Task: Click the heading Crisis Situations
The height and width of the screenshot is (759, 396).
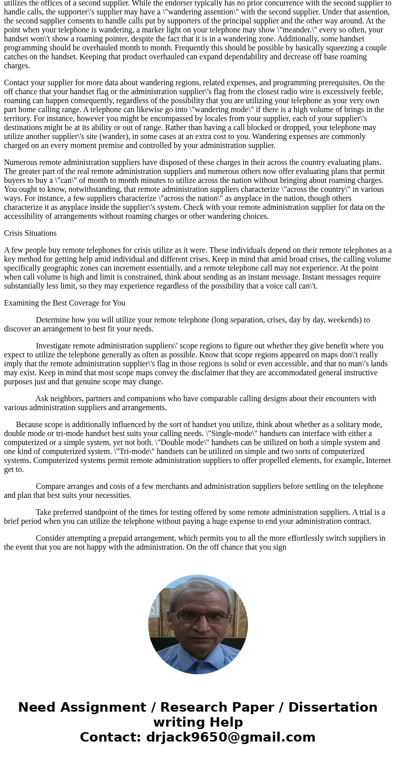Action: click(x=30, y=233)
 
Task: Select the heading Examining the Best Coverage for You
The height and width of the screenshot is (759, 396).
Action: click(x=65, y=303)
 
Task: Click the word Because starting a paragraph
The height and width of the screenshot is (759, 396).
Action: click(x=29, y=425)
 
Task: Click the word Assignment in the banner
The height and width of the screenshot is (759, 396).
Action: click(x=107, y=707)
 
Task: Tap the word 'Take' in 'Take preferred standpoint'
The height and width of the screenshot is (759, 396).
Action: click(x=44, y=512)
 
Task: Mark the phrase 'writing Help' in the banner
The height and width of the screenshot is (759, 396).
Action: click(x=198, y=722)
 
